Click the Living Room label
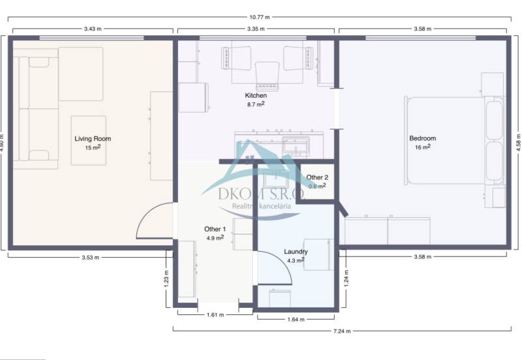click(x=92, y=138)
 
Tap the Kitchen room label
click(x=255, y=96)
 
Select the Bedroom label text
click(x=422, y=138)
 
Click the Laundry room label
click(x=296, y=252)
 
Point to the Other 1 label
click(x=215, y=229)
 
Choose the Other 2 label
click(x=317, y=177)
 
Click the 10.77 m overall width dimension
click(x=259, y=18)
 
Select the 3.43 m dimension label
click(x=92, y=29)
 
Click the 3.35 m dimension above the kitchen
click(x=256, y=29)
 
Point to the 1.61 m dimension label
click(x=215, y=314)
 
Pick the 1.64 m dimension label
click(x=296, y=320)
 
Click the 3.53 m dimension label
click(x=90, y=257)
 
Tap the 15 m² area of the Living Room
click(x=92, y=147)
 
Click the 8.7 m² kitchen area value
click(x=255, y=104)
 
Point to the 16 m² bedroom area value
click(x=422, y=147)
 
